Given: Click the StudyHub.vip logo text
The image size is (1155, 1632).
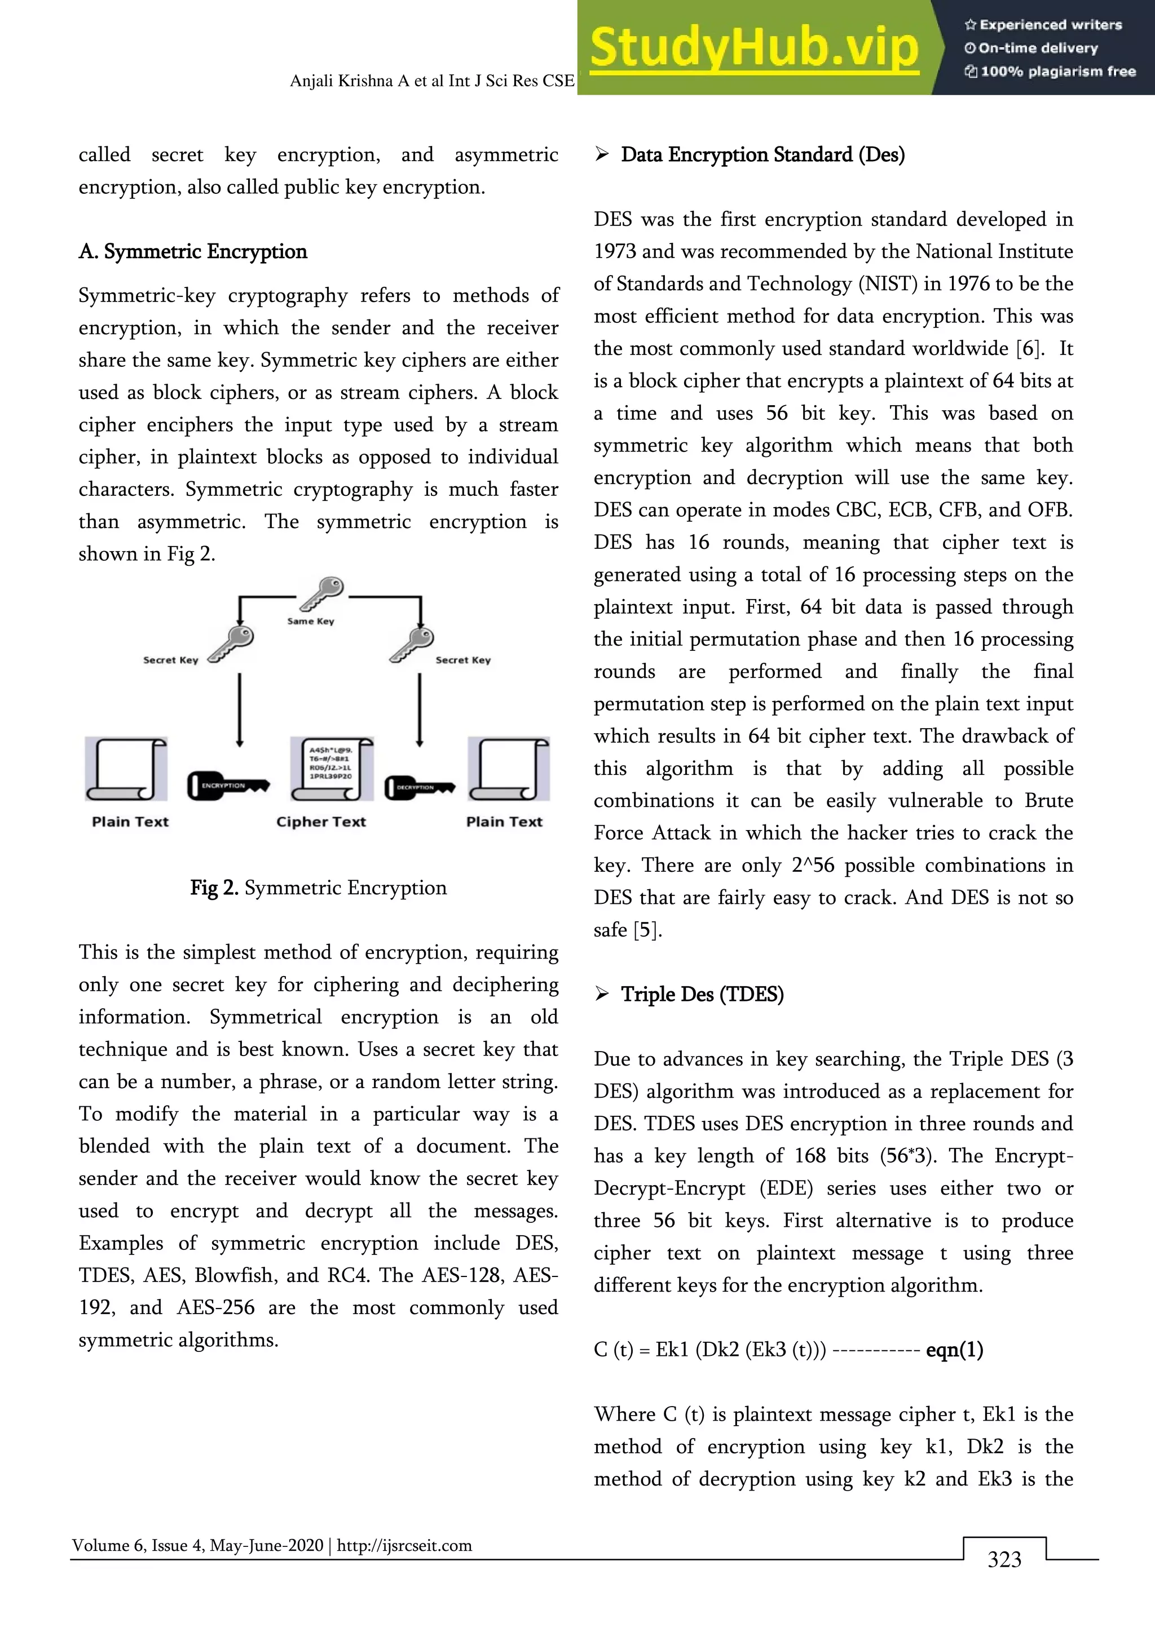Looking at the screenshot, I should pyautogui.click(x=754, y=48).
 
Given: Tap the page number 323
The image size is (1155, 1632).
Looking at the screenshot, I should pyautogui.click(x=1004, y=1559).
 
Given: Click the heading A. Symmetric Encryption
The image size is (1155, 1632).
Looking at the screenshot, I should pyautogui.click(x=193, y=252).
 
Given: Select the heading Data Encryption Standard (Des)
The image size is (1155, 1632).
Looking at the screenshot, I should pyautogui.click(x=762, y=154).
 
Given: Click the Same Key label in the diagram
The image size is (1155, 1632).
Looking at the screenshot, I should pyautogui.click(x=310, y=621).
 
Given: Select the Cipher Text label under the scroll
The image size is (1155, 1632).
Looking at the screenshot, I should pyautogui.click(x=321, y=822).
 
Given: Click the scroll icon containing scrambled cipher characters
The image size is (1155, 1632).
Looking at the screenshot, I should pyautogui.click(x=332, y=769).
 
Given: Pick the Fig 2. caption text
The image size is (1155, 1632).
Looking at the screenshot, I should pyautogui.click(x=318, y=888).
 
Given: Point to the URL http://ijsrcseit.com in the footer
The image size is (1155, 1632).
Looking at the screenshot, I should pyautogui.click(x=404, y=1545).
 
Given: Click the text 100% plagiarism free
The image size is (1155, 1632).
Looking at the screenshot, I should pyautogui.click(x=1057, y=71).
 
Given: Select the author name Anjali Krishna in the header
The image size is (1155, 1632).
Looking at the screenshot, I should pyautogui.click(x=341, y=81).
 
